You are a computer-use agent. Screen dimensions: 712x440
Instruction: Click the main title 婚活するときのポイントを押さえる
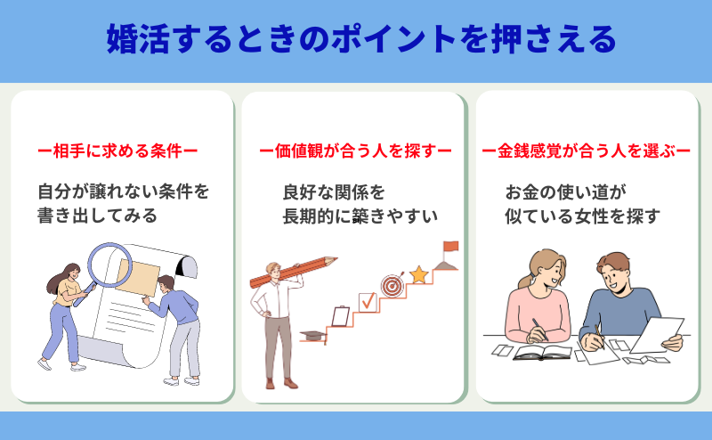tap(361, 39)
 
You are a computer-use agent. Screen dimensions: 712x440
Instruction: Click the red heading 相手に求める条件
tap(117, 151)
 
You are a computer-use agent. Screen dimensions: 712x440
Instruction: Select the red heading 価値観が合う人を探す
tap(355, 151)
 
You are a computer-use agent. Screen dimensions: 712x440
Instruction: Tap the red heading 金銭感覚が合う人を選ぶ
tap(587, 151)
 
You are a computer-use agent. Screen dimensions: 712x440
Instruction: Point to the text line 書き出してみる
tap(97, 216)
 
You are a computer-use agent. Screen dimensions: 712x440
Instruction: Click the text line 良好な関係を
tap(334, 191)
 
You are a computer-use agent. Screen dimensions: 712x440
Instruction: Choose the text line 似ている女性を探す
tap(582, 216)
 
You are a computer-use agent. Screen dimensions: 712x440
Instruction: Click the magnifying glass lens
tap(109, 265)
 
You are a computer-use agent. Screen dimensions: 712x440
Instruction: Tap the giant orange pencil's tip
tap(336, 259)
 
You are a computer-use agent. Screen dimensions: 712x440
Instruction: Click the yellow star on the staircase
tap(418, 275)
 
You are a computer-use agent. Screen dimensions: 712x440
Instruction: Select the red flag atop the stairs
tap(451, 247)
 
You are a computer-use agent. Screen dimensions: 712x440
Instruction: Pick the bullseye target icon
tap(392, 286)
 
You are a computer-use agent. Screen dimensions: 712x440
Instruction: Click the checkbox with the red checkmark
tap(368, 302)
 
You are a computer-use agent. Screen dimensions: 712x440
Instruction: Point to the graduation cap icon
tap(313, 336)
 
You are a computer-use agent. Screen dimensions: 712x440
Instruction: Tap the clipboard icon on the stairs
tap(341, 316)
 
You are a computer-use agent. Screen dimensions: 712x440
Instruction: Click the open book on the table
tap(542, 353)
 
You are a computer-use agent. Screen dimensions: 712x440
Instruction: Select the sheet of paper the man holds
tap(657, 335)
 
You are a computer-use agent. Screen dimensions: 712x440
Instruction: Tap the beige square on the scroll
tap(137, 277)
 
